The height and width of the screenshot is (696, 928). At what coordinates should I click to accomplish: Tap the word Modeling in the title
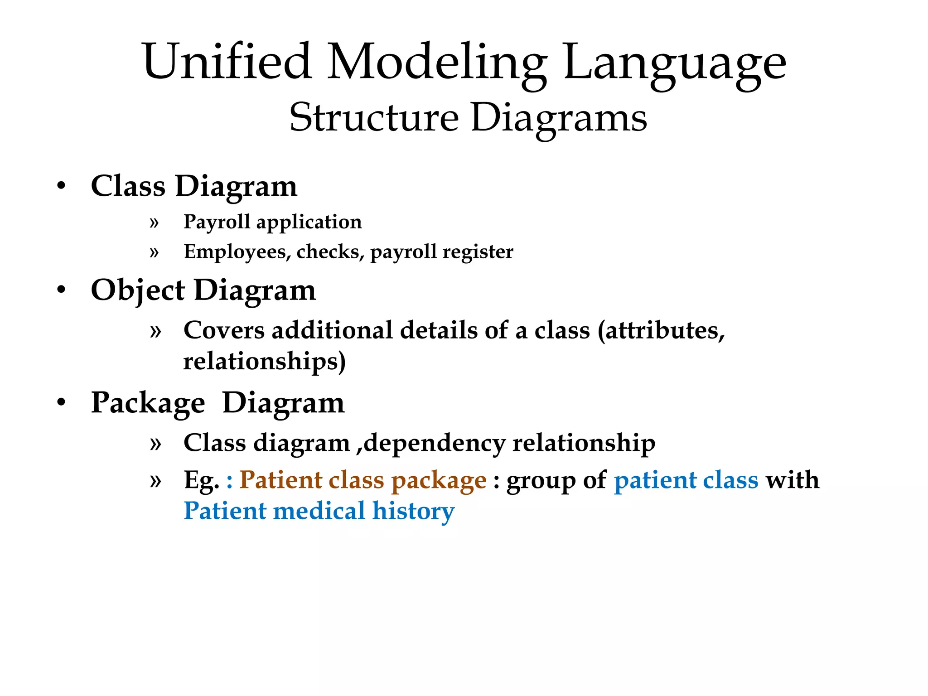tap(437, 63)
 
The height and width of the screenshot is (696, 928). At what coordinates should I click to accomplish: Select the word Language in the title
tap(675, 63)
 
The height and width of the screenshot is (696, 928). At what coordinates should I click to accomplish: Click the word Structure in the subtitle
tap(374, 117)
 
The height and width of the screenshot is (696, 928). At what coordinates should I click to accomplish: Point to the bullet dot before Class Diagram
tap(62, 186)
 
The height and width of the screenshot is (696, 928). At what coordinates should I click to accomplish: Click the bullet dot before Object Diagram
tap(62, 290)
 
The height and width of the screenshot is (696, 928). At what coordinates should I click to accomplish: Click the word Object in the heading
tap(138, 290)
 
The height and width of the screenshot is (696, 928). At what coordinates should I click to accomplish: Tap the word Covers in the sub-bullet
tap(224, 330)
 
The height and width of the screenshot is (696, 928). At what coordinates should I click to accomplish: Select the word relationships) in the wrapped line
tap(264, 361)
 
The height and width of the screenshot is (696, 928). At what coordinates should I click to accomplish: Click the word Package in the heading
tap(148, 403)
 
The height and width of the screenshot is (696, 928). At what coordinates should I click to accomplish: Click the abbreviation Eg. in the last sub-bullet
tap(201, 480)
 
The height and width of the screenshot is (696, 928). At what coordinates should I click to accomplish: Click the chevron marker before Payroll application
tap(155, 222)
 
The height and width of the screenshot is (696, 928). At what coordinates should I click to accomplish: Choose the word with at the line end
tap(793, 480)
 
